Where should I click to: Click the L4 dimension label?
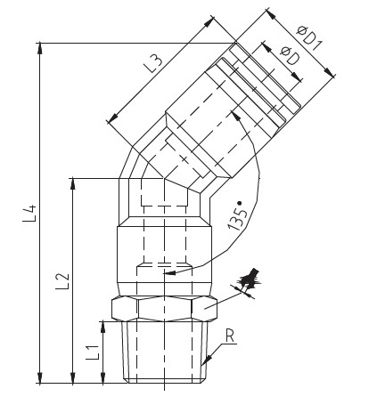coord(29,213)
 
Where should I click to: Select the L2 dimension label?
coord(61,280)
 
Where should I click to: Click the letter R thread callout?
coord(230,336)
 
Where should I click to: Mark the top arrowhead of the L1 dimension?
coord(101,326)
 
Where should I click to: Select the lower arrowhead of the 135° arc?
coord(195,271)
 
